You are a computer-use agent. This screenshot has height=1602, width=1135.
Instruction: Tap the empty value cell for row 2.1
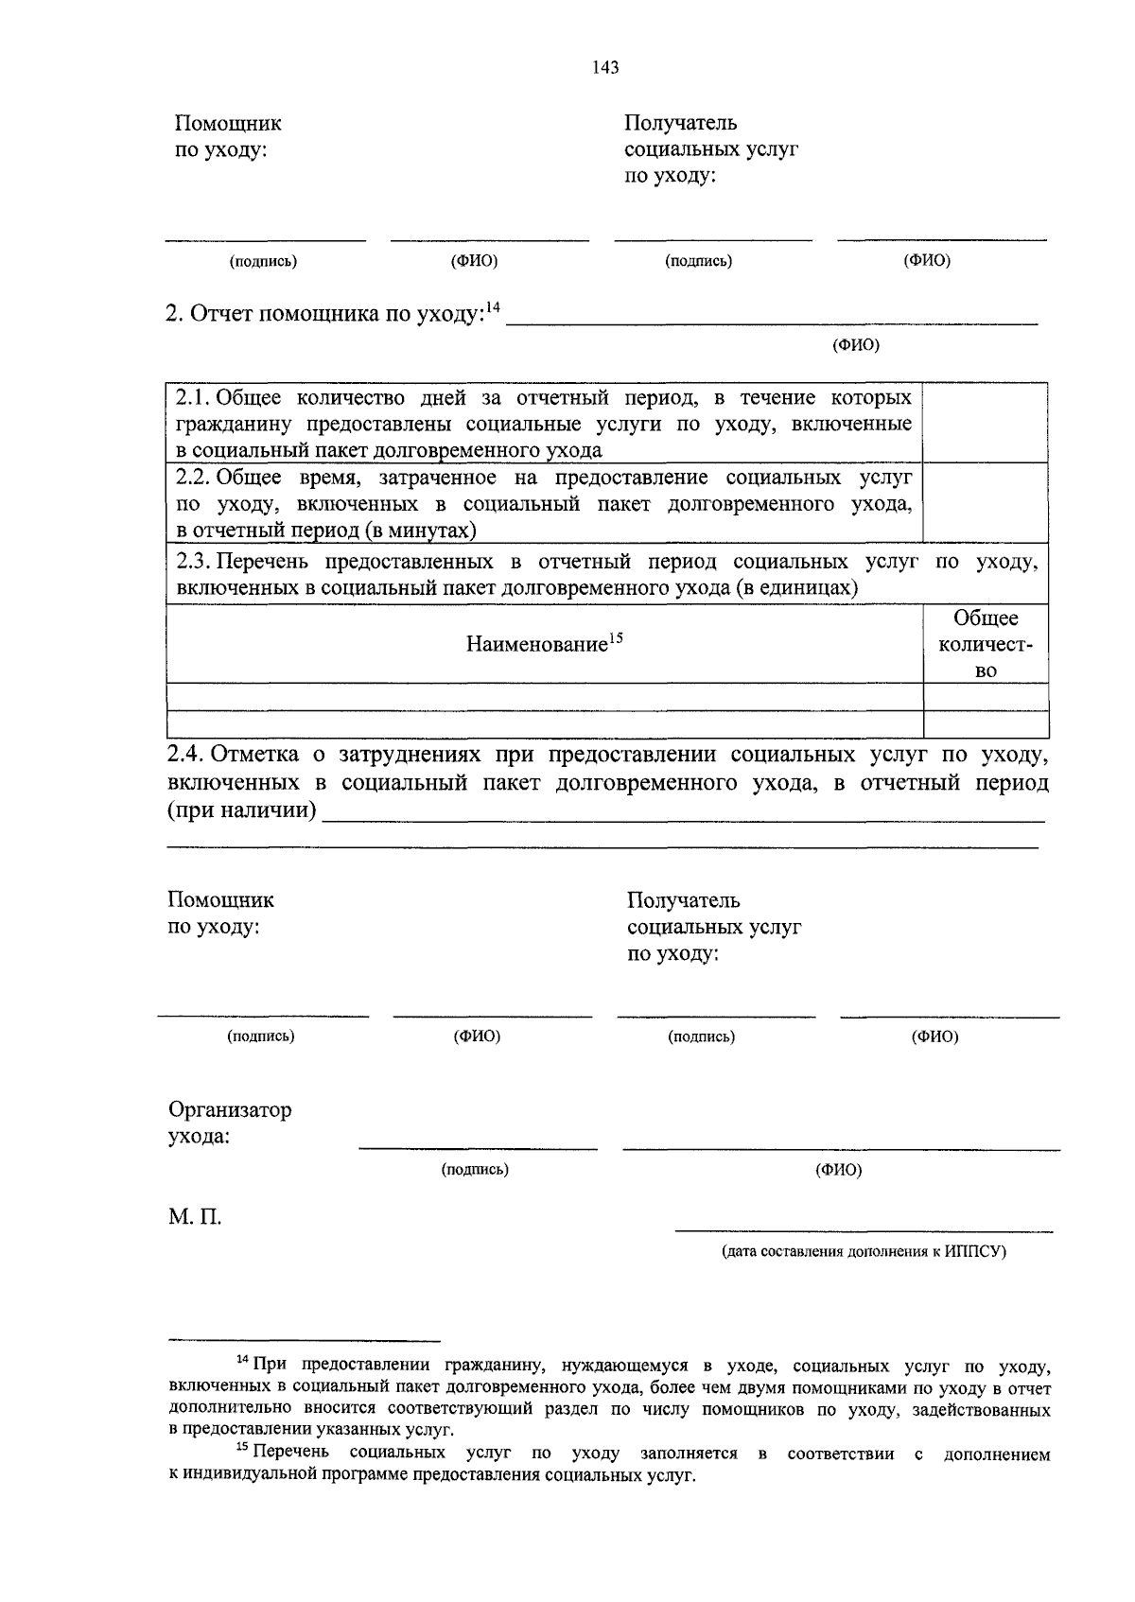pos(985,422)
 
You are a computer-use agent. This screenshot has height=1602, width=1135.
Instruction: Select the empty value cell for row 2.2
pos(985,503)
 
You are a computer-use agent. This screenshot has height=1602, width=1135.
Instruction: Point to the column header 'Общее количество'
pos(986,644)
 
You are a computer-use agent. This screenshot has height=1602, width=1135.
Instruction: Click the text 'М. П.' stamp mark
pos(195,1217)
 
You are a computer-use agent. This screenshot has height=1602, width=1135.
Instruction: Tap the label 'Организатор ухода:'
pos(229,1123)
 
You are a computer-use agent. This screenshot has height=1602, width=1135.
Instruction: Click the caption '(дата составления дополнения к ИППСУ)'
pos(864,1252)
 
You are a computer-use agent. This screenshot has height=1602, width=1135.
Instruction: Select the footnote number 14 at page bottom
pos(241,1360)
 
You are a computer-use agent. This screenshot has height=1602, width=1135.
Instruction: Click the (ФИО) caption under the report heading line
pos(855,345)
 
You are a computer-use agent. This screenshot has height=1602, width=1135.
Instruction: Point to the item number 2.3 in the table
pos(193,562)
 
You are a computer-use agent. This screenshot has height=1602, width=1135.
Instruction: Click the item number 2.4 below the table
pos(185,755)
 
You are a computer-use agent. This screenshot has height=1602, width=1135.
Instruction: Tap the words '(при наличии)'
pos(242,810)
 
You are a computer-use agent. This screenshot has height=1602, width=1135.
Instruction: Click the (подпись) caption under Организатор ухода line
pos(475,1170)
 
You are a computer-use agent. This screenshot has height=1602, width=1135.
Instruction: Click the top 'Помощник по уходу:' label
pos(227,136)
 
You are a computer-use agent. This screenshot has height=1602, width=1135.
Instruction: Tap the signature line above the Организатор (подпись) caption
pos(478,1149)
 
